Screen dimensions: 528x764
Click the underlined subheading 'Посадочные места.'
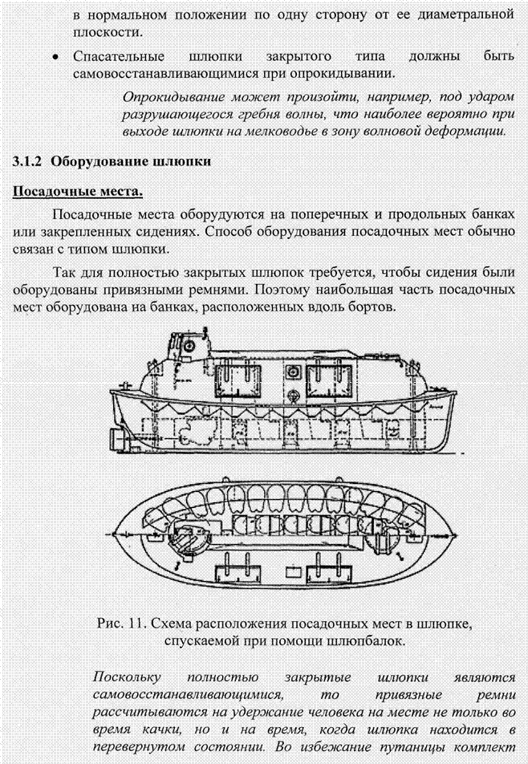pyautogui.click(x=78, y=191)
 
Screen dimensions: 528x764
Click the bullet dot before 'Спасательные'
pyautogui.click(x=57, y=57)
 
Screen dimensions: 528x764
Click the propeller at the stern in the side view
pyautogui.click(x=118, y=438)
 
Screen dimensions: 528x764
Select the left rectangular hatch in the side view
pyautogui.click(x=238, y=381)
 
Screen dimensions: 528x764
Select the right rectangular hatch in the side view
pyautogui.click(x=328, y=381)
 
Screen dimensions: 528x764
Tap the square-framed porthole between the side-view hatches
pyautogui.click(x=294, y=372)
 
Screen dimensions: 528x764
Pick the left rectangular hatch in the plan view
pyautogui.click(x=237, y=569)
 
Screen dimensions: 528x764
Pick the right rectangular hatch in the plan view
pyautogui.click(x=328, y=569)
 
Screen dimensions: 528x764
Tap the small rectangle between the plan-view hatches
pyautogui.click(x=293, y=571)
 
